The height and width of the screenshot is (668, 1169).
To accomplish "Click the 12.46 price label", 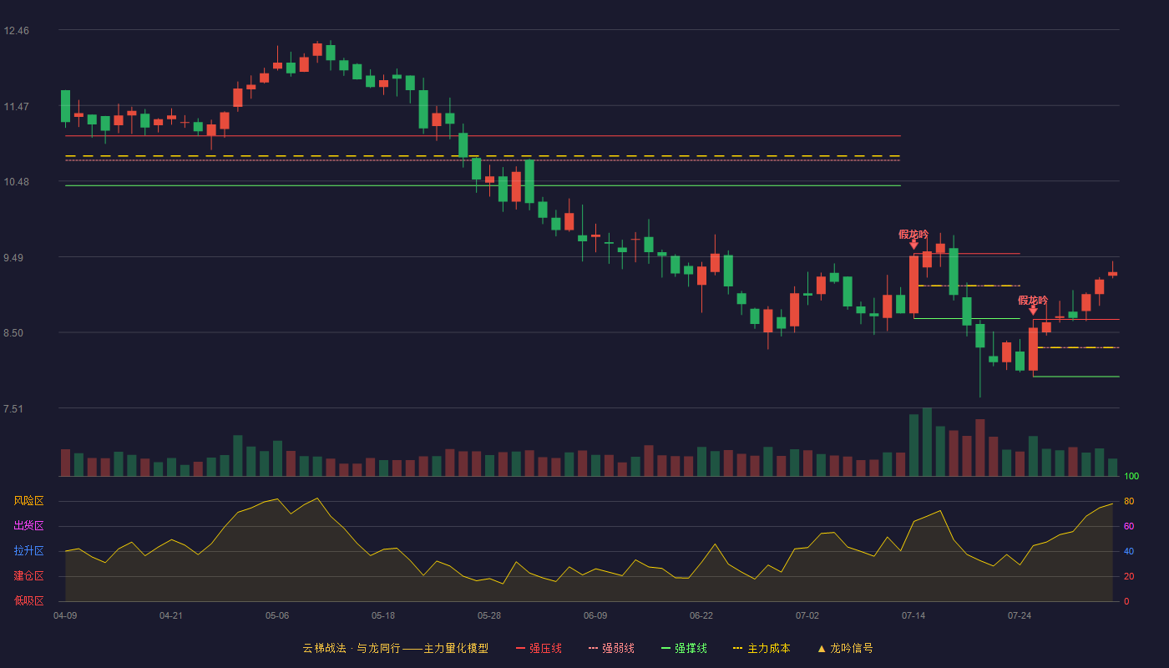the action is pyautogui.click(x=16, y=31).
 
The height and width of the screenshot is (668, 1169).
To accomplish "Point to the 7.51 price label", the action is pyautogui.click(x=13, y=408).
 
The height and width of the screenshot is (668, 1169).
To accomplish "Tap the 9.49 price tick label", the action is pyautogui.click(x=13, y=258).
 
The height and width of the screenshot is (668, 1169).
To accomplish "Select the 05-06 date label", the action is pyautogui.click(x=276, y=616).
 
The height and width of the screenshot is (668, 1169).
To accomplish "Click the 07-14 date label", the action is pyautogui.click(x=913, y=616).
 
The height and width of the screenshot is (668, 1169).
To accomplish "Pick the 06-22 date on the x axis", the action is pyautogui.click(x=701, y=616).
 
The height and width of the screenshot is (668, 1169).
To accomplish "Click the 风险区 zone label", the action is pyautogui.click(x=28, y=500).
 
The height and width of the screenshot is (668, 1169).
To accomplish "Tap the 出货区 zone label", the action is pyautogui.click(x=28, y=525).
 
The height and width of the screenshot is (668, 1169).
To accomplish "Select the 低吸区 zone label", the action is pyautogui.click(x=28, y=600).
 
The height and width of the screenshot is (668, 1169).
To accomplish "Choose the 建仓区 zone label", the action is pyautogui.click(x=28, y=575).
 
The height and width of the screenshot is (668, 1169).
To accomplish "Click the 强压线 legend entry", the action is pyautogui.click(x=539, y=648).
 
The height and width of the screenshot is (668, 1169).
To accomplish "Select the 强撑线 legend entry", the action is pyautogui.click(x=684, y=648).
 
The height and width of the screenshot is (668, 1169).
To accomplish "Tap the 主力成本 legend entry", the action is pyautogui.click(x=762, y=648).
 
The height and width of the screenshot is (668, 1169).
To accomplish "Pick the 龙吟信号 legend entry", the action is pyautogui.click(x=845, y=648).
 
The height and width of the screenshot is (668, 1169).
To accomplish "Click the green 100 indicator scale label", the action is pyautogui.click(x=1131, y=476).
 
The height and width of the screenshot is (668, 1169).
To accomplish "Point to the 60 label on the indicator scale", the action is pyautogui.click(x=1129, y=526).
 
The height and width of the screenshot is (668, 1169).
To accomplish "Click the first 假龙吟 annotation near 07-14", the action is pyautogui.click(x=913, y=235).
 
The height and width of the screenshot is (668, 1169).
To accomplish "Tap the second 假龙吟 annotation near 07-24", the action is pyautogui.click(x=1033, y=300).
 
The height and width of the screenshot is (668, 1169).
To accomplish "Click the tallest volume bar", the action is pyautogui.click(x=927, y=442).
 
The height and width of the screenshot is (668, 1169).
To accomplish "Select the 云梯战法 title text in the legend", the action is pyautogui.click(x=324, y=648).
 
